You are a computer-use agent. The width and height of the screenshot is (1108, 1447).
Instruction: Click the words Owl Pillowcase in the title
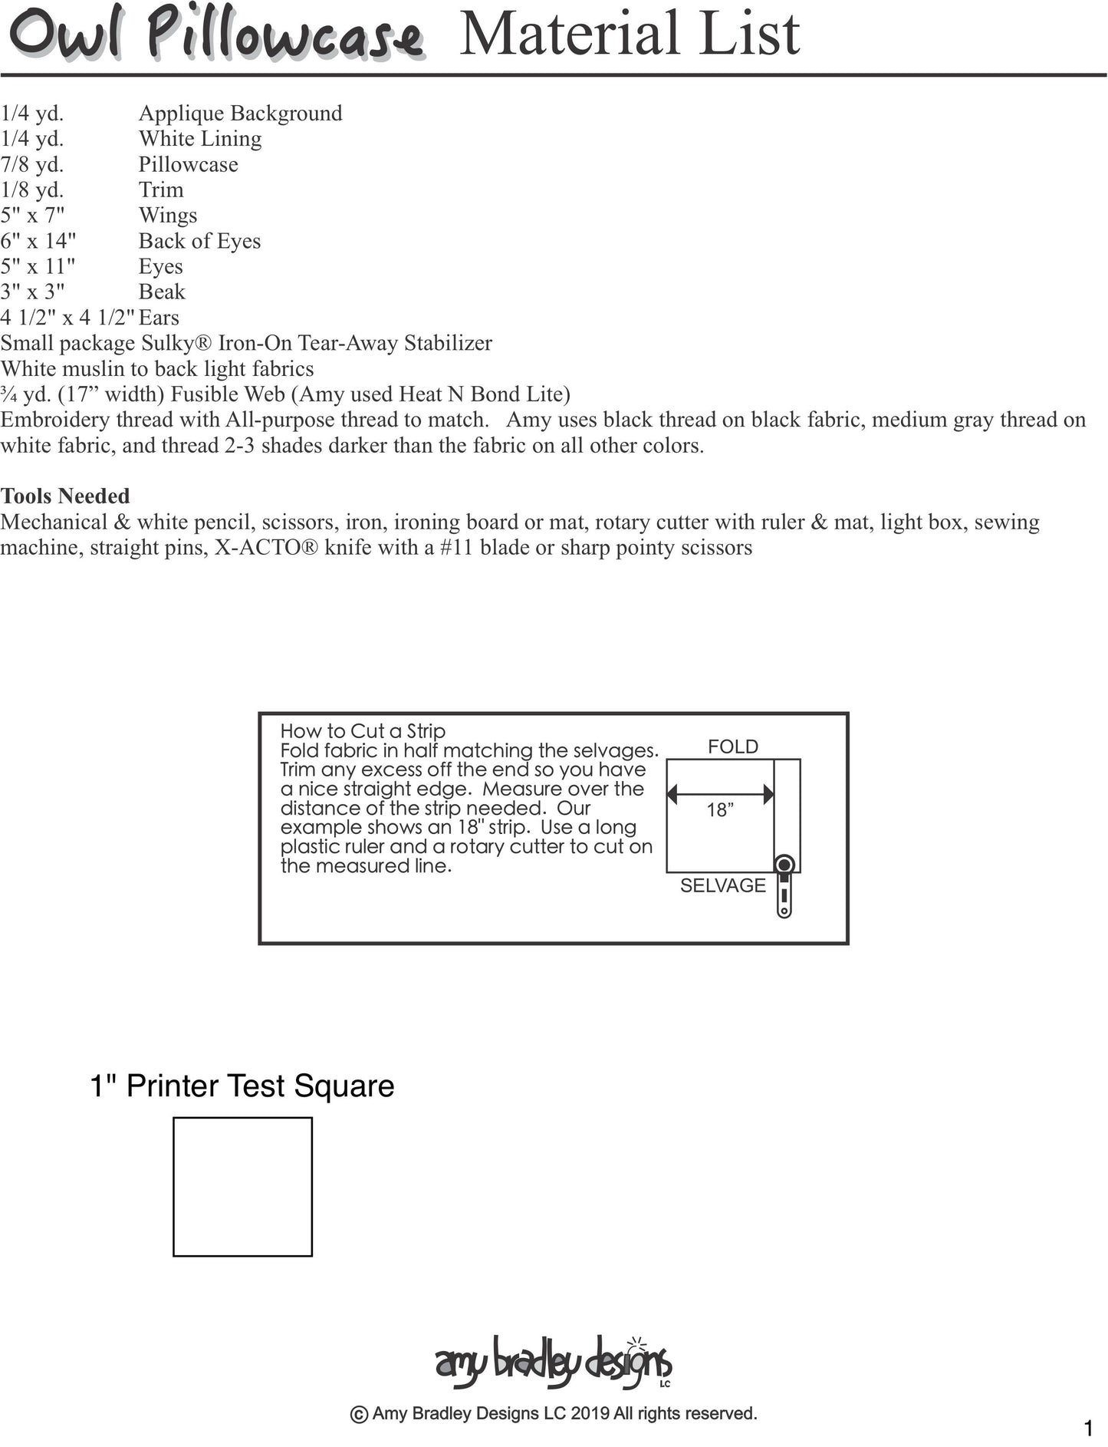point(215,37)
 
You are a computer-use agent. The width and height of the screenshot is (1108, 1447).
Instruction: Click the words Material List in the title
point(629,34)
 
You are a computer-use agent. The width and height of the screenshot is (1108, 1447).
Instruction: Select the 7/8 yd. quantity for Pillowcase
point(32,164)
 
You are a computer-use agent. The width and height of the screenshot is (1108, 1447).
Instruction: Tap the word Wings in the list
point(168,216)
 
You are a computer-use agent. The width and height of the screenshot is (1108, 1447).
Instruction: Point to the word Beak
point(162,292)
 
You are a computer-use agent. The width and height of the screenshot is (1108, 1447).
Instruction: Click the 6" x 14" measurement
point(38,241)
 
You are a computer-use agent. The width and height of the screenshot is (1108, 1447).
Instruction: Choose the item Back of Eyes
point(199,241)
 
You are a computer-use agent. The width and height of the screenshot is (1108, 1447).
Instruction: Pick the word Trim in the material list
point(161,190)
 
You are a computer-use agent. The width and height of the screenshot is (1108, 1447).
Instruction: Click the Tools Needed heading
point(65,496)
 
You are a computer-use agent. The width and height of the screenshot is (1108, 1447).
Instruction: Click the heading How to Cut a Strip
point(363,731)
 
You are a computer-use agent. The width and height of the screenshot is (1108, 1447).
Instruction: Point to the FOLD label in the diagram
point(732,747)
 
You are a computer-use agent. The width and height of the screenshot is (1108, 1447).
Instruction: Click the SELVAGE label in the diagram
point(722,885)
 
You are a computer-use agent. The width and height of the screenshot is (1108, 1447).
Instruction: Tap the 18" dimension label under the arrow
point(720,810)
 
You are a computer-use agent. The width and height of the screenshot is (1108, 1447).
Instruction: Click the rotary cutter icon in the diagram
point(784,885)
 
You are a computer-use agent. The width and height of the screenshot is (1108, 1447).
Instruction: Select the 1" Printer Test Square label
point(242,1086)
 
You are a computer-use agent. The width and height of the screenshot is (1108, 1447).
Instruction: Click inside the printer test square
point(242,1187)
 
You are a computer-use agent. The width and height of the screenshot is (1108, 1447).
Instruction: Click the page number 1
point(1088,1429)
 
